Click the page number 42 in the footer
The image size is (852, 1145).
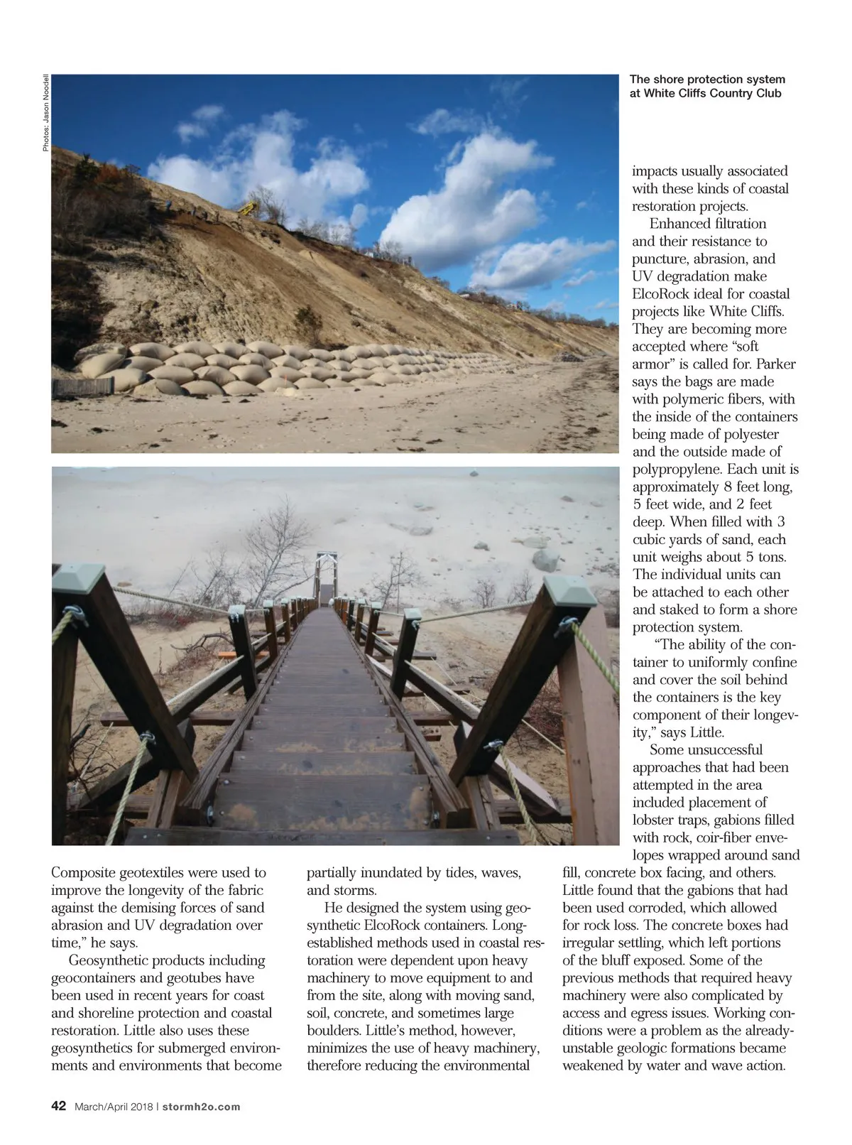click(x=58, y=1106)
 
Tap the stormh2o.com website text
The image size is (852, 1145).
click(x=200, y=1107)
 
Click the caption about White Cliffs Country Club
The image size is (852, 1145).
click(x=706, y=86)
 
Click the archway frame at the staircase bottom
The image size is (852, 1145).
click(x=327, y=568)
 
